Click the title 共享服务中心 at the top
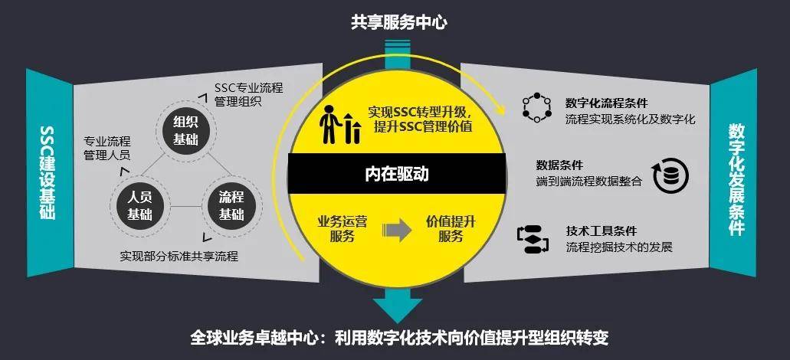click(398, 23)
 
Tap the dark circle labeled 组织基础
click(185, 131)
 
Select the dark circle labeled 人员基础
click(139, 207)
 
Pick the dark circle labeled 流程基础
click(231, 206)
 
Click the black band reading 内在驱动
click(396, 174)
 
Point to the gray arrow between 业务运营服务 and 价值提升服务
click(397, 229)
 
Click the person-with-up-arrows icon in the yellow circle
click(339, 124)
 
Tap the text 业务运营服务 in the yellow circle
click(342, 229)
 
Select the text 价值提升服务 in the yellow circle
click(451, 229)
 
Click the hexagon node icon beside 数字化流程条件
click(536, 107)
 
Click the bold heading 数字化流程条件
click(607, 103)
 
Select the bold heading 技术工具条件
click(601, 231)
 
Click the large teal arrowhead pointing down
click(398, 308)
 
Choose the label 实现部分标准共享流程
click(179, 256)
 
